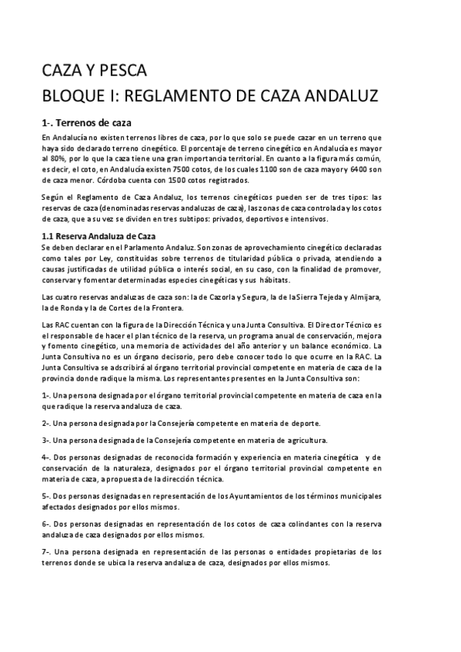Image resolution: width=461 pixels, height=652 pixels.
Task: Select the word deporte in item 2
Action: tap(304, 423)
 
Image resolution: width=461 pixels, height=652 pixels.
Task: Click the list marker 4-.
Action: tap(46, 457)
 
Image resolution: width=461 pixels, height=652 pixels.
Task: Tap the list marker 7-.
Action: tap(46, 551)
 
